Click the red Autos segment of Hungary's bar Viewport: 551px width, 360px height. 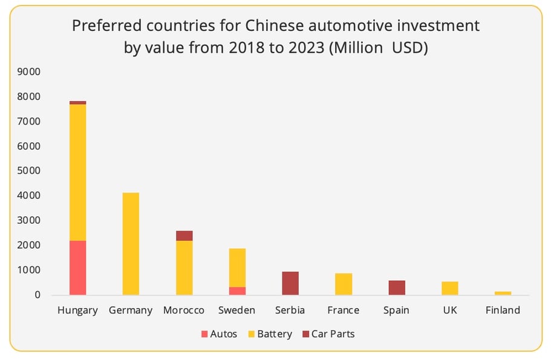point(77,267)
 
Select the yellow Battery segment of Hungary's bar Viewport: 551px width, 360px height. point(77,172)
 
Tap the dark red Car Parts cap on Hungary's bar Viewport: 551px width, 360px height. point(77,103)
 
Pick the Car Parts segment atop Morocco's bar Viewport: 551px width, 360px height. point(184,235)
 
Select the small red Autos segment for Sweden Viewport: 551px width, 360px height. point(237,291)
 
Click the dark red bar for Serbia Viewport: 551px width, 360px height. point(290,283)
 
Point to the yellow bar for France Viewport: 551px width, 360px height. point(344,284)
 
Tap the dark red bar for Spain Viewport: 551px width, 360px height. point(397,287)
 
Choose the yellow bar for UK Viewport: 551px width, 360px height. point(450,288)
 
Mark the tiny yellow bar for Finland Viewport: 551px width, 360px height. point(503,293)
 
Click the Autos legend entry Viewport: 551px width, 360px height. point(220,334)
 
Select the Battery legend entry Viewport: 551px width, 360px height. point(270,334)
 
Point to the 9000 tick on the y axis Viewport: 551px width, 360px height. point(29,71)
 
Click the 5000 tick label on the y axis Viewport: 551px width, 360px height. point(29,171)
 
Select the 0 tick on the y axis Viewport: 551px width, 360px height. point(37,295)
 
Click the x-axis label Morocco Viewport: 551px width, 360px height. point(184,310)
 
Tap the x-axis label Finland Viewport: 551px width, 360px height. point(503,310)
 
